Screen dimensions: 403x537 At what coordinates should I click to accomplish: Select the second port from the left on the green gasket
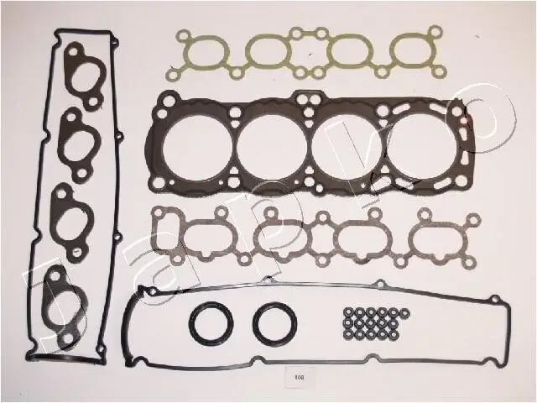pos(268,52)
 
